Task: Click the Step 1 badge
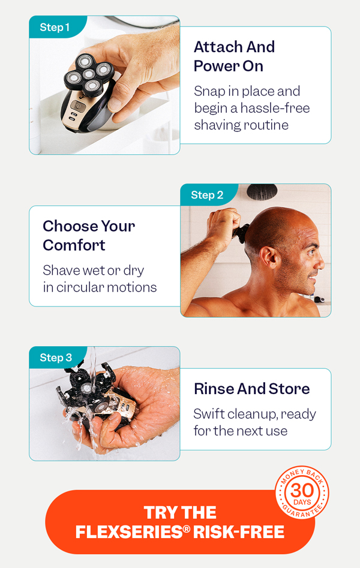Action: [x=55, y=28]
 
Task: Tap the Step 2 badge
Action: [x=207, y=195]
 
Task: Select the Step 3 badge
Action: [x=56, y=358]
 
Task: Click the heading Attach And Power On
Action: [x=234, y=56]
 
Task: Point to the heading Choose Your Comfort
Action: [x=89, y=235]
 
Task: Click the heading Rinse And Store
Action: [x=251, y=389]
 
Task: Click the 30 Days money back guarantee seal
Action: [x=302, y=493]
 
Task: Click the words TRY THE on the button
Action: [x=180, y=513]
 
